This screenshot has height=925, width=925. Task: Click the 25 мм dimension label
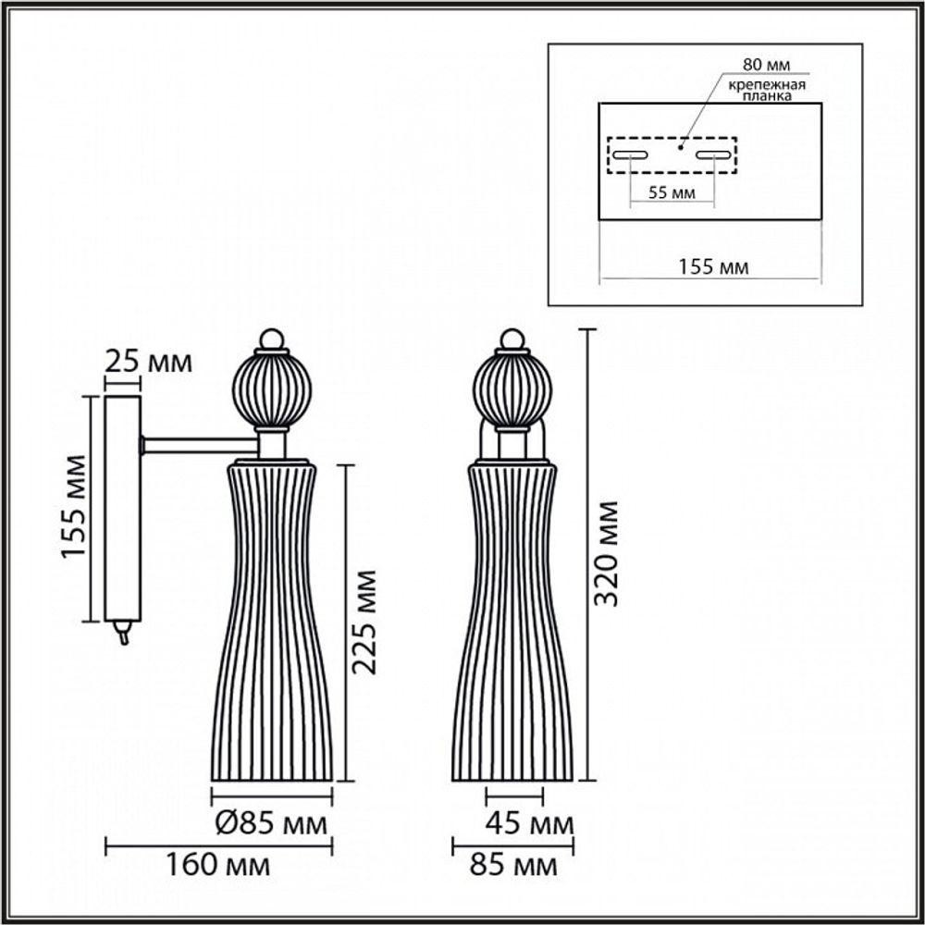click(148, 361)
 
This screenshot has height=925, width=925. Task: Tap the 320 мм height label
click(606, 553)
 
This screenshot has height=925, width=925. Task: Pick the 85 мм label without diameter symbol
click(515, 866)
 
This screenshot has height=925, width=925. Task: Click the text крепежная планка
click(764, 91)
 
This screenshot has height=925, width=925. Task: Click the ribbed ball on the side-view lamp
click(272, 390)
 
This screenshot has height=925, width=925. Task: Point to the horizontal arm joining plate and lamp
click(199, 446)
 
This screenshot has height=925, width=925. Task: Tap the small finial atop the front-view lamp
click(512, 339)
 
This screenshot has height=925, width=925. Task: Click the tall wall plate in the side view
click(122, 508)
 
